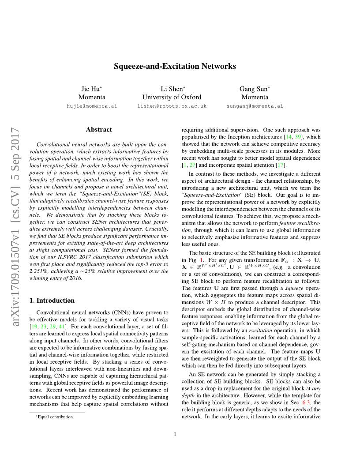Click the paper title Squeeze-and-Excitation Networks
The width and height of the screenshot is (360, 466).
[x=175, y=66]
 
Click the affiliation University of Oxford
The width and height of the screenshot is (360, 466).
[x=172, y=97]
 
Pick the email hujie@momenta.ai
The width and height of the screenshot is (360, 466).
[x=92, y=106]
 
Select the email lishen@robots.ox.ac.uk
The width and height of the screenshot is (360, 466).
[x=172, y=106]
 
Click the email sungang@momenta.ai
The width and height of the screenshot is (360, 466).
[x=255, y=106]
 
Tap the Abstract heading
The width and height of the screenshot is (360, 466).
[x=99, y=130]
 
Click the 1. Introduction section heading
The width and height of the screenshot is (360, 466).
[x=52, y=301]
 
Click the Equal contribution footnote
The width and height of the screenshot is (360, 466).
[x=55, y=417]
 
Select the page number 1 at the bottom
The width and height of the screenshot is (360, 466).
[x=175, y=434]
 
